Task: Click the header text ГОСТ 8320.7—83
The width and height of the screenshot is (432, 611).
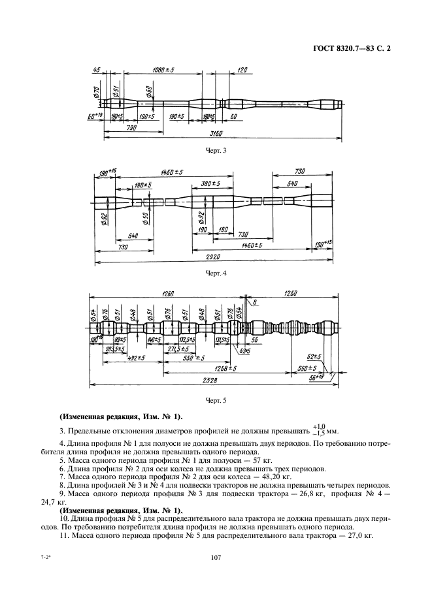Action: pyautogui.click(x=342, y=48)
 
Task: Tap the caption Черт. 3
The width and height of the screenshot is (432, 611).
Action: pyautogui.click(x=216, y=150)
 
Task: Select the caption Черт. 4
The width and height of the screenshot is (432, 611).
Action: pyautogui.click(x=216, y=273)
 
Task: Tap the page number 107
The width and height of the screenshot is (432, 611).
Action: pyautogui.click(x=216, y=557)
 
